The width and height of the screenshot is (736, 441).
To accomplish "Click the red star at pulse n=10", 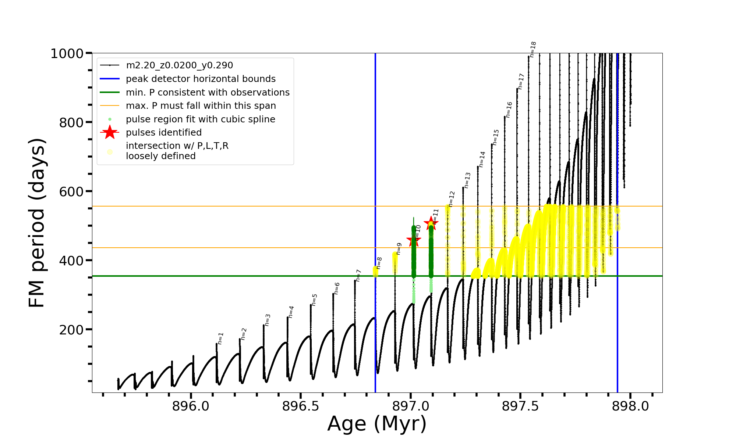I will (414, 241).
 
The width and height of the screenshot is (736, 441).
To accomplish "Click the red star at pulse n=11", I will (431, 223).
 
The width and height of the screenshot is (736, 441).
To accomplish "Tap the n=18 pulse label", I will (533, 49).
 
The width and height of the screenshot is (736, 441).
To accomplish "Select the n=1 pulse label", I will (220, 338).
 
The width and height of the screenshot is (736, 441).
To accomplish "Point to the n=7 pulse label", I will (358, 276).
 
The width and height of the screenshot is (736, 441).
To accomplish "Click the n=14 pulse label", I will (482, 159).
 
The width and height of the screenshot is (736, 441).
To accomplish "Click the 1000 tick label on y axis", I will (67, 54).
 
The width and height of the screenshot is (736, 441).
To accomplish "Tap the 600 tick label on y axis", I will (71, 191).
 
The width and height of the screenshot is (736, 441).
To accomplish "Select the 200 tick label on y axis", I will (71, 330).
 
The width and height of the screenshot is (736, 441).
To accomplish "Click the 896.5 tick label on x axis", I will (300, 406).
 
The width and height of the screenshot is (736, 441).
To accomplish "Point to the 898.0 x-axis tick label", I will (630, 406).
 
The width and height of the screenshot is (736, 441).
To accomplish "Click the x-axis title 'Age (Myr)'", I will (377, 424).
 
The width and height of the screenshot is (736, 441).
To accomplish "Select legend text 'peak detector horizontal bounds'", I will (201, 79).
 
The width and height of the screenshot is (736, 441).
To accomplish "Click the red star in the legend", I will (110, 132).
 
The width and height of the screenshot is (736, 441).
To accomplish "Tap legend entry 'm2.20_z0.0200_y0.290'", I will (179, 65).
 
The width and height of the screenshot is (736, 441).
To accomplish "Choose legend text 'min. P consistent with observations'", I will (208, 92).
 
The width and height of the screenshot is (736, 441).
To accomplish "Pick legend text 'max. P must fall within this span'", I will (201, 106).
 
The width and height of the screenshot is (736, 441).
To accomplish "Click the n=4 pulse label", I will (291, 312).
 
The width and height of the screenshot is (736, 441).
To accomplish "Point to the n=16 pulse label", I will (509, 110).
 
